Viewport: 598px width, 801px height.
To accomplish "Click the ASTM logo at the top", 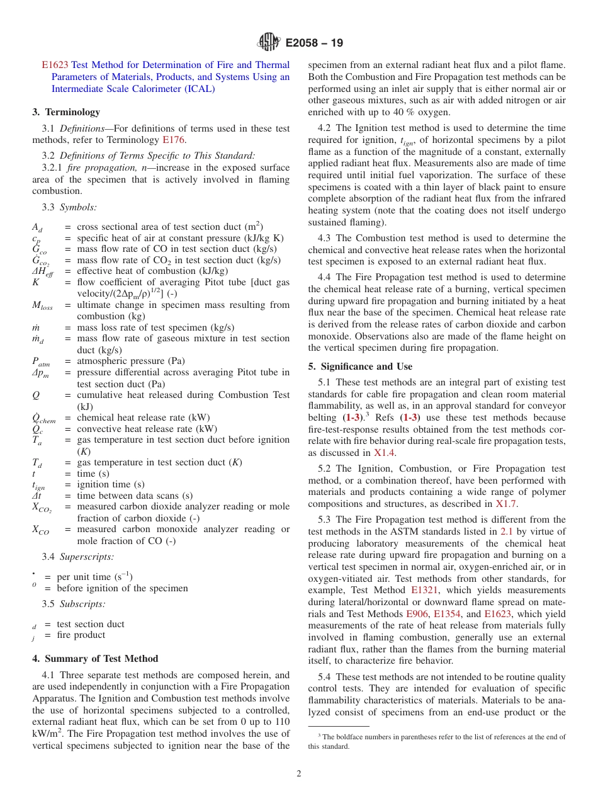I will (x=269, y=43).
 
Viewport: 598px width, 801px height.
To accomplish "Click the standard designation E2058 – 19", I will (x=314, y=43).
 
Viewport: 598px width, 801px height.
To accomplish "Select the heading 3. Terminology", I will (x=66, y=112).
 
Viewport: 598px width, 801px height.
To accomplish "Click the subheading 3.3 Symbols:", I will (x=69, y=207).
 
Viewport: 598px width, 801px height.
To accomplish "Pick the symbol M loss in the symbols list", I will (x=43, y=305).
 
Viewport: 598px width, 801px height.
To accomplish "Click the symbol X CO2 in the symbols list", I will (x=43, y=508).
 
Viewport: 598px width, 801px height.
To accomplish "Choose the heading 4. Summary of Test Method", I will (x=95, y=659).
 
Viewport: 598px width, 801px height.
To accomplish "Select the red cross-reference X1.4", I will (x=385, y=453).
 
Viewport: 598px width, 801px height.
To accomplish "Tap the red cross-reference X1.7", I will (x=506, y=503).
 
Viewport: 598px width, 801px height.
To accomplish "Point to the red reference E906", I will (x=417, y=614).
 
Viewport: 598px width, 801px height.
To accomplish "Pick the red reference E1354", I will (x=448, y=614).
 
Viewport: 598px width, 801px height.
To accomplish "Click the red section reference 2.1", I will (x=506, y=531).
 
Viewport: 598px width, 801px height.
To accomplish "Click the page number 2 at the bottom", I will (x=299, y=774).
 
